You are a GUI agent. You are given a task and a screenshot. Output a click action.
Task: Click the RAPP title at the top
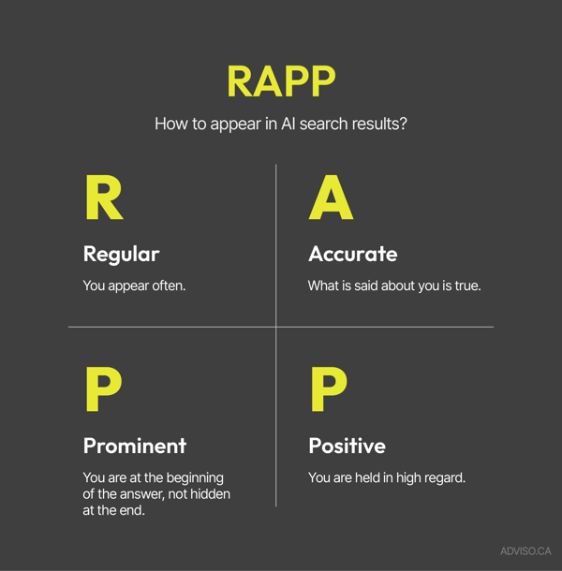[280, 81]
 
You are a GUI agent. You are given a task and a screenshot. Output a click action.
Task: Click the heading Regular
[121, 254]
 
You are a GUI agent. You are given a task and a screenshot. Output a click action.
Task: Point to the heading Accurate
[352, 254]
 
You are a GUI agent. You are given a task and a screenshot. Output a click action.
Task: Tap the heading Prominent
[134, 446]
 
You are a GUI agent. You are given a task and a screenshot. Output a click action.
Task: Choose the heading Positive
[347, 446]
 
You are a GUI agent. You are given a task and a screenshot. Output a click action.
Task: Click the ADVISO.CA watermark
[525, 551]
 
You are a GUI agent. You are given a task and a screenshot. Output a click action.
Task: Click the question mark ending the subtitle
[402, 123]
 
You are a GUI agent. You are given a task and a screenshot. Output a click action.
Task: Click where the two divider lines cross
[275, 327]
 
